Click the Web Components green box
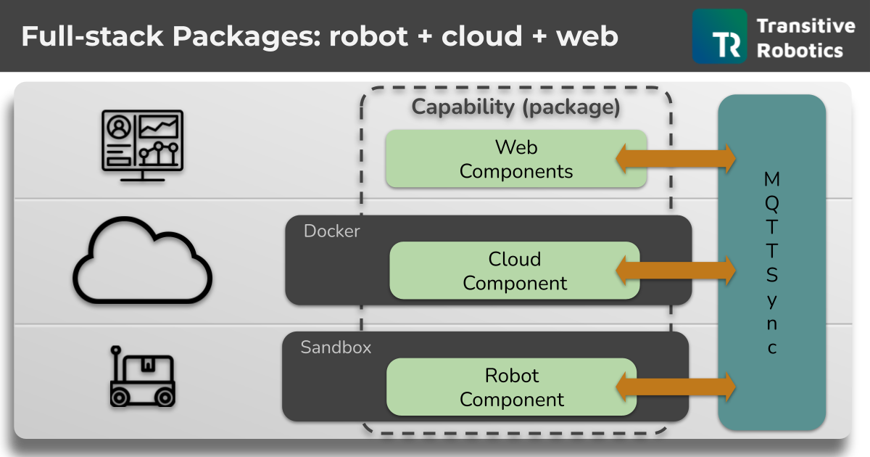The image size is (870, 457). [515, 159]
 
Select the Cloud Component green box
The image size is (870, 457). [515, 271]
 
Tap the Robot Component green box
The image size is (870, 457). [511, 387]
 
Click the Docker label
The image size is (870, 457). [331, 231]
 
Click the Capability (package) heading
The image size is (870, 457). [515, 107]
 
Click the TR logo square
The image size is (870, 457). [719, 36]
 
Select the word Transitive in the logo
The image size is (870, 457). [805, 26]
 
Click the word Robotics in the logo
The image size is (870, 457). [800, 50]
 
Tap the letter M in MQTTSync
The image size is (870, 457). [772, 178]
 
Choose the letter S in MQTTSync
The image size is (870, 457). [772, 275]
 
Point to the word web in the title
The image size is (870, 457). [587, 36]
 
